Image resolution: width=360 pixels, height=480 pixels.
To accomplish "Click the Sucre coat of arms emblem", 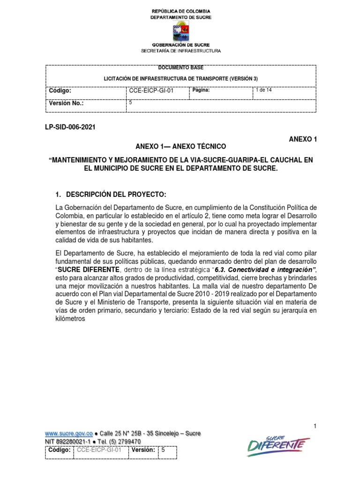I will pyautogui.click(x=180, y=31).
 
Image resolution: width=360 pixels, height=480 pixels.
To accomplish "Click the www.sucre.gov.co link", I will pyautogui.click(x=66, y=434).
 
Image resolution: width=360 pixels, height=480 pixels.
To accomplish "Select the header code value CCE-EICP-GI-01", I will pyautogui.click(x=151, y=91).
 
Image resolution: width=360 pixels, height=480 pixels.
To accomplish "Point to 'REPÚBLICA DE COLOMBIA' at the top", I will pyautogui.click(x=180, y=11).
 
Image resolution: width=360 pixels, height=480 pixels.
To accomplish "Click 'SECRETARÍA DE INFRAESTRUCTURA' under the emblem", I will pyautogui.click(x=180, y=51).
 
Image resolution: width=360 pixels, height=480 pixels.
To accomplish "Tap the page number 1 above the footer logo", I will pyautogui.click(x=315, y=426).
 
